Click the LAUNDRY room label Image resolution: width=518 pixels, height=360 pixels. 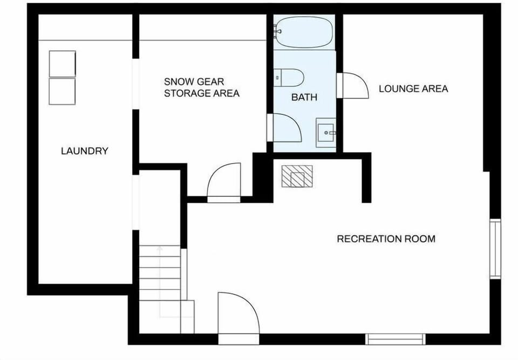click(84, 151)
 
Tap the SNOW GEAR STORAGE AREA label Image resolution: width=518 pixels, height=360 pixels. click(201, 87)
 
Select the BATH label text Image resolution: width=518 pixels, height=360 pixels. click(304, 98)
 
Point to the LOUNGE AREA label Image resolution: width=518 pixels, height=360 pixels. click(413, 89)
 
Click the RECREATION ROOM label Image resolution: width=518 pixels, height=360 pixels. click(386, 239)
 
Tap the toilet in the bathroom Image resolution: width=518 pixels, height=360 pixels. click(290, 78)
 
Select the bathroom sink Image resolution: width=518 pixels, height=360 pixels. click(325, 131)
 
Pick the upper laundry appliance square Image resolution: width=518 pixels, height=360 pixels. click(62, 64)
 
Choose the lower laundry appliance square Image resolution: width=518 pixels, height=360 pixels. click(62, 91)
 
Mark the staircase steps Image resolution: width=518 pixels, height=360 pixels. click(160, 281)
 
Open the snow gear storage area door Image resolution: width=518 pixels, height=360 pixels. click(223, 184)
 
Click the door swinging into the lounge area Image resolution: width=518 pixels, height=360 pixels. click(353, 85)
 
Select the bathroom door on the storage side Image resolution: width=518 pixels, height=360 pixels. click(285, 128)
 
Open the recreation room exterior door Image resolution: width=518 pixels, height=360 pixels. click(237, 316)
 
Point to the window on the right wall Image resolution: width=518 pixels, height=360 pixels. click(495, 249)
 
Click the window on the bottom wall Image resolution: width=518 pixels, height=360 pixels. click(395, 339)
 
